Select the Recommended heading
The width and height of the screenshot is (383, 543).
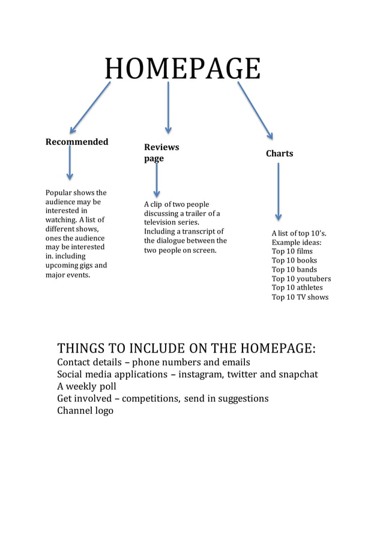coord(77,142)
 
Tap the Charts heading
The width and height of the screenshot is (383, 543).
coord(279,154)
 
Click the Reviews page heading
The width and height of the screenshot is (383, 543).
coord(161,153)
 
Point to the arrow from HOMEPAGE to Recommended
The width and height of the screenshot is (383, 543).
coord(90,108)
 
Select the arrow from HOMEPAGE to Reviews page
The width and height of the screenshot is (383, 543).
coord(168,108)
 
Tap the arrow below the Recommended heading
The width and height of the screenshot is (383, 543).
coord(70,162)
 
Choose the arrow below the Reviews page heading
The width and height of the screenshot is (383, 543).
coord(157,180)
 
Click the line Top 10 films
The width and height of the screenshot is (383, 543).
coord(292,252)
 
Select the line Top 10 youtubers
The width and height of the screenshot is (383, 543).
coord(301,279)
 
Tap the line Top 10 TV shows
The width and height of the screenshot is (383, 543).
coord(300,297)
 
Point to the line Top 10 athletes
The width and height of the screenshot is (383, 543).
coord(297,288)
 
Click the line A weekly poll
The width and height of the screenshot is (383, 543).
coord(86,386)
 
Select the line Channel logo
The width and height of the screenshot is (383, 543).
coord(85,411)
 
